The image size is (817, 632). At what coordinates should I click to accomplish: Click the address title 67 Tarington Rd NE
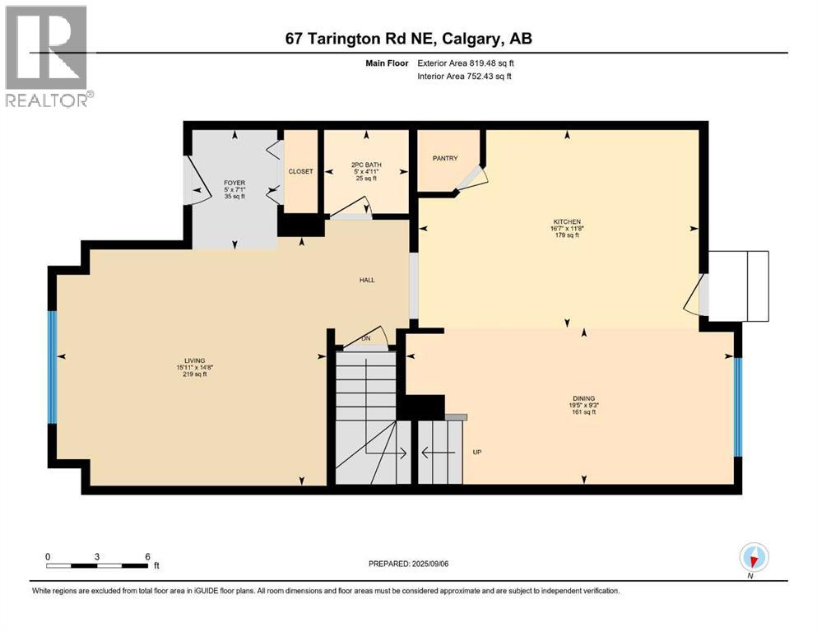(409, 39)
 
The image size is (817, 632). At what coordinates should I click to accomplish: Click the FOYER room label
(234, 183)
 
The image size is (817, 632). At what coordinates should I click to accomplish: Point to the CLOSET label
(300, 171)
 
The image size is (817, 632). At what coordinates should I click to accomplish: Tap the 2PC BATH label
(365, 165)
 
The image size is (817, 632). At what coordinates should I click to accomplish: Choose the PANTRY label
(445, 158)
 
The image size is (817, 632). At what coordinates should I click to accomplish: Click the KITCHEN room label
(566, 222)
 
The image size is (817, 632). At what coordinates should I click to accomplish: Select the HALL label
(367, 280)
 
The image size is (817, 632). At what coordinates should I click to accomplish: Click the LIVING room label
(194, 360)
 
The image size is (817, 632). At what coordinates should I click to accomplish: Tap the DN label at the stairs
(367, 338)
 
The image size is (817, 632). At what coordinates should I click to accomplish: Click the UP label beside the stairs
(476, 452)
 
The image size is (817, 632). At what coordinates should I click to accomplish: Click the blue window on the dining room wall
(737, 407)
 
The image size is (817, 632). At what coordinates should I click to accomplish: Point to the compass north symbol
(754, 558)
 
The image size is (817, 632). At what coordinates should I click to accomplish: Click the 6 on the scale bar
(146, 556)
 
